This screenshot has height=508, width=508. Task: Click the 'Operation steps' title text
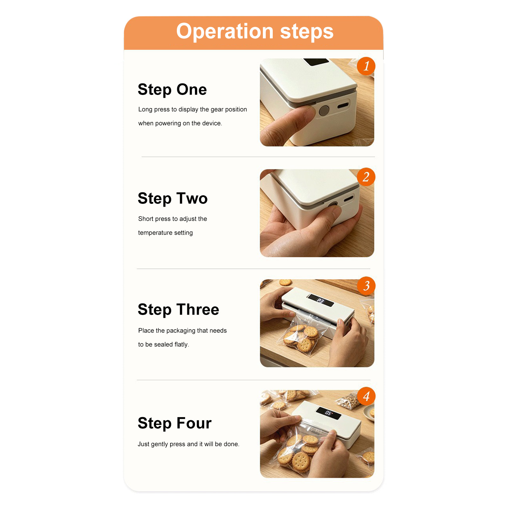coord(255,31)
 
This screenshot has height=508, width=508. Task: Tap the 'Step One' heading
coord(172,90)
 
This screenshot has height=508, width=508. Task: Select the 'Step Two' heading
coord(173,198)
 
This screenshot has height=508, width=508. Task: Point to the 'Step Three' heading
coord(178,310)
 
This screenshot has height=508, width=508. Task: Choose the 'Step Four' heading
coord(175,423)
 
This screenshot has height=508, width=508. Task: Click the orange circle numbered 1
coord(366,66)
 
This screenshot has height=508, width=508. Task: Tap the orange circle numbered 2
coord(366,177)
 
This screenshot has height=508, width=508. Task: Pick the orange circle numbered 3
coord(366,286)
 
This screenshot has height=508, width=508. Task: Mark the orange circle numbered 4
coord(366,396)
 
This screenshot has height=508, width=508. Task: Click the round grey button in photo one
coord(324,110)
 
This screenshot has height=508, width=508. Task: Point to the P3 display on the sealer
coord(320,300)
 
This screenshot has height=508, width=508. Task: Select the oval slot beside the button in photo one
coord(343,105)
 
